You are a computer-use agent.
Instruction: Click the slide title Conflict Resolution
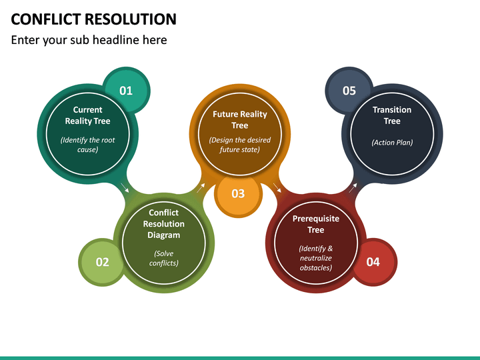pyautogui.click(x=94, y=19)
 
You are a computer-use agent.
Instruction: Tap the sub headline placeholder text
pyautogui.click(x=89, y=40)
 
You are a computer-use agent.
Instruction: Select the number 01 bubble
pyautogui.click(x=126, y=91)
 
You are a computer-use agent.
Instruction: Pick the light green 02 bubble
pyautogui.click(x=102, y=262)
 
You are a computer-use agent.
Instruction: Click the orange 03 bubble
pyautogui.click(x=238, y=193)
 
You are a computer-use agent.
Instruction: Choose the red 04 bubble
pyautogui.click(x=373, y=262)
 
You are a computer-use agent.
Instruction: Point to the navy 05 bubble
pyautogui.click(x=349, y=91)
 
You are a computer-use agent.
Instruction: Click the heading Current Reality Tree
pyautogui.click(x=87, y=115)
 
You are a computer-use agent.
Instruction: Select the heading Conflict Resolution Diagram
pyautogui.click(x=164, y=224)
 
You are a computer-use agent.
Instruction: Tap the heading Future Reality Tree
pyautogui.click(x=240, y=120)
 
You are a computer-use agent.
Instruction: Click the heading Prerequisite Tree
pyautogui.click(x=316, y=224)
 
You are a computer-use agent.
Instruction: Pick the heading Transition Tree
pyautogui.click(x=392, y=115)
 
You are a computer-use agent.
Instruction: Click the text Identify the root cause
pyautogui.click(x=87, y=145)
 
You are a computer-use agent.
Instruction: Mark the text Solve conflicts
pyautogui.click(x=164, y=258)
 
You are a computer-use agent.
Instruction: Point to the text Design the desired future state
pyautogui.click(x=240, y=145)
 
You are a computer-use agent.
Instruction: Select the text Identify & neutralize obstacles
pyautogui.click(x=316, y=258)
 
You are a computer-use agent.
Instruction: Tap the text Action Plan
pyautogui.click(x=392, y=142)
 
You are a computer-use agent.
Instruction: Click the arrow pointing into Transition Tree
pyautogui.click(x=353, y=187)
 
